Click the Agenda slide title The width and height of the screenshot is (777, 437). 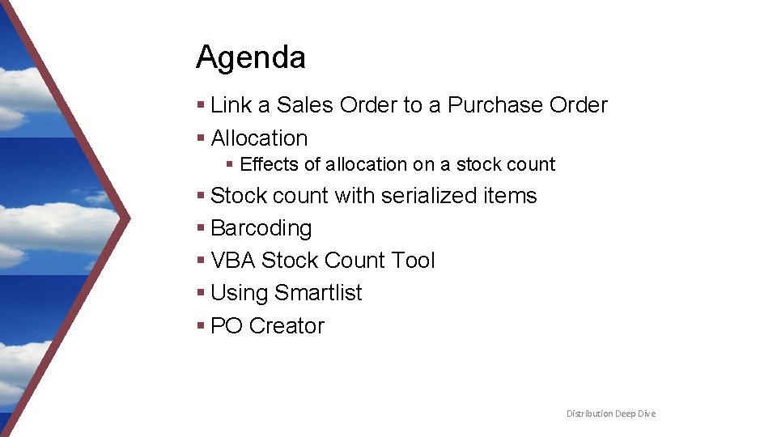250,57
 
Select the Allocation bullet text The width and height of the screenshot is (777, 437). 259,138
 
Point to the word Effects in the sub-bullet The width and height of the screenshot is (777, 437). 270,164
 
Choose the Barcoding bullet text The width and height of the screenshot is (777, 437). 261,228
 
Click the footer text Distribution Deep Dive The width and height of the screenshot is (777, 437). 611,414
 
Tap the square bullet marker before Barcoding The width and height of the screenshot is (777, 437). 201,228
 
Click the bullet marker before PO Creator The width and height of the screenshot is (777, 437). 201,325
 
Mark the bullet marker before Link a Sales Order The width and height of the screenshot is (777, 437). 201,105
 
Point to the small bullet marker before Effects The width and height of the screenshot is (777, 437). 230,164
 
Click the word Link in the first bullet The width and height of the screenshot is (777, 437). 231,105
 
